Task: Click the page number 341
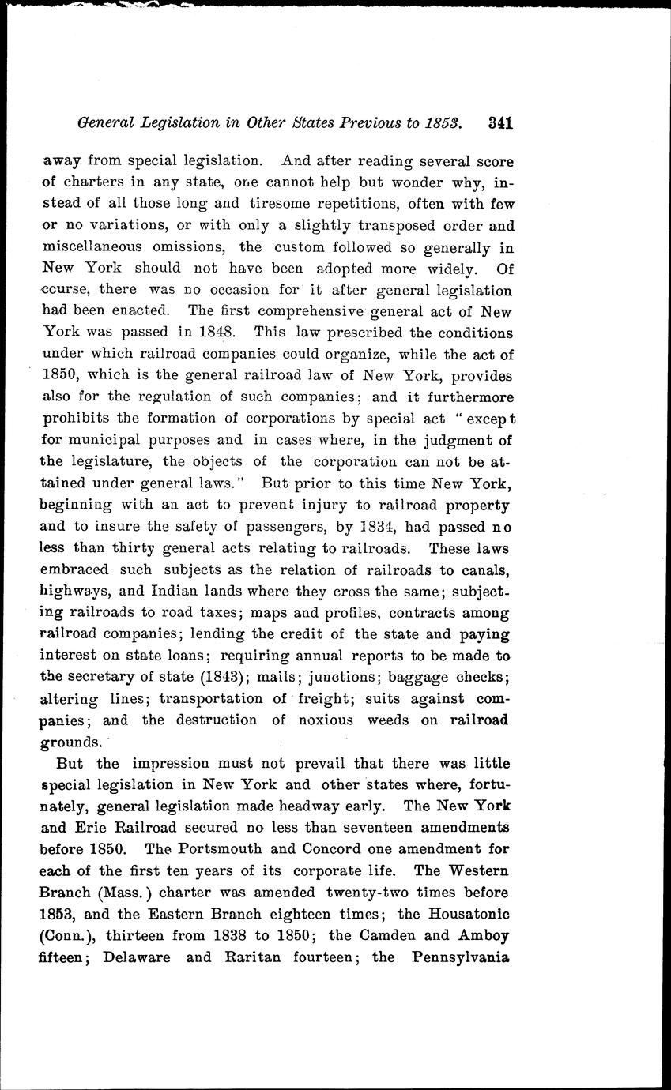501,123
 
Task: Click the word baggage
424,677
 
